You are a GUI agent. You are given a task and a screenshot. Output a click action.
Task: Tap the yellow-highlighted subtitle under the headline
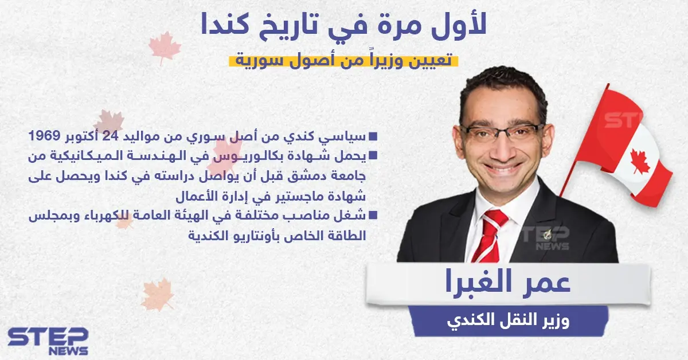(343, 60)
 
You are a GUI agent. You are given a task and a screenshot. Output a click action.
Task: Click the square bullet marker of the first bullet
(373, 137)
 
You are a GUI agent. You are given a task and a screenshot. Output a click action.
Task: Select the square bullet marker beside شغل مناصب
(373, 216)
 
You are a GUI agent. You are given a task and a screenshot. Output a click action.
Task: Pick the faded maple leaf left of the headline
(165, 45)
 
